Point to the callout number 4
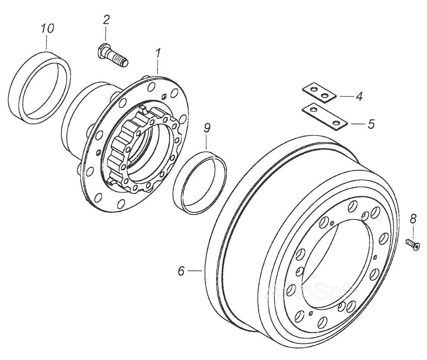359,96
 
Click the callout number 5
371,124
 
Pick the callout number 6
181,271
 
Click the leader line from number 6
195,270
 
